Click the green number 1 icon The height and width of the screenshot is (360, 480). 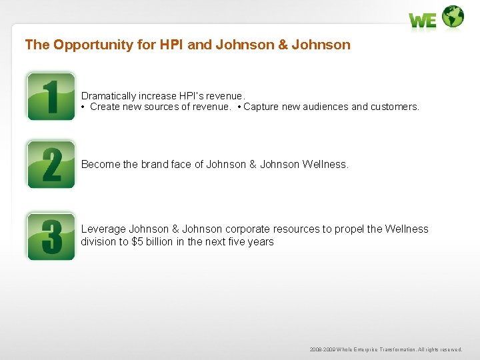point(51,96)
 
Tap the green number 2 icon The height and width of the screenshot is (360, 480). point(51,164)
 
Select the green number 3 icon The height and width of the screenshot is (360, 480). point(51,236)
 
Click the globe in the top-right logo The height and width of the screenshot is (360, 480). point(453,17)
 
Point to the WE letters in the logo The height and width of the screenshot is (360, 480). point(423,21)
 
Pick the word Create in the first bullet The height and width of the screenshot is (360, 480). point(105,107)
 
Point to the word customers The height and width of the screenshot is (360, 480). point(395,107)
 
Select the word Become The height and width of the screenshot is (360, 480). point(100,164)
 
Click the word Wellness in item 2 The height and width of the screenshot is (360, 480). point(325,164)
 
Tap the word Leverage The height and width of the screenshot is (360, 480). point(103,229)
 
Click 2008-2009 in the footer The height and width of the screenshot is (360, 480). point(322,349)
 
